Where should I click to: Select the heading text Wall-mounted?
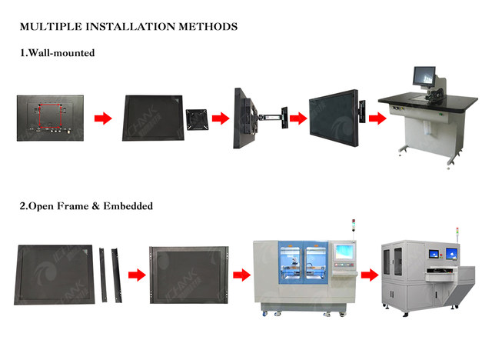[x=63, y=53]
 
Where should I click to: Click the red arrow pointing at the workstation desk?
[x=377, y=118]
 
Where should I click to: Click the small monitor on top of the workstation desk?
[x=424, y=76]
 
